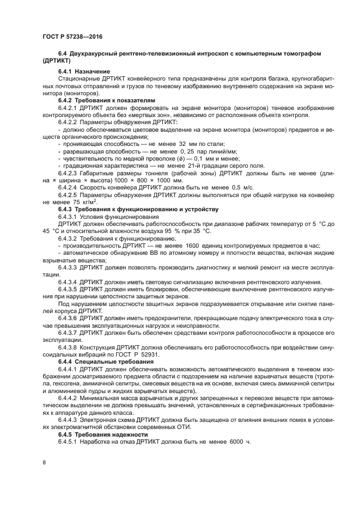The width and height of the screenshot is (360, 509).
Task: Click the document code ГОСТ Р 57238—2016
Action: click(x=72, y=36)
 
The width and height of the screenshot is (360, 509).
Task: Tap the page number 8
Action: click(x=44, y=462)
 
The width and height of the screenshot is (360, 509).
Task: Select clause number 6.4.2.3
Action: click(x=69, y=173)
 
